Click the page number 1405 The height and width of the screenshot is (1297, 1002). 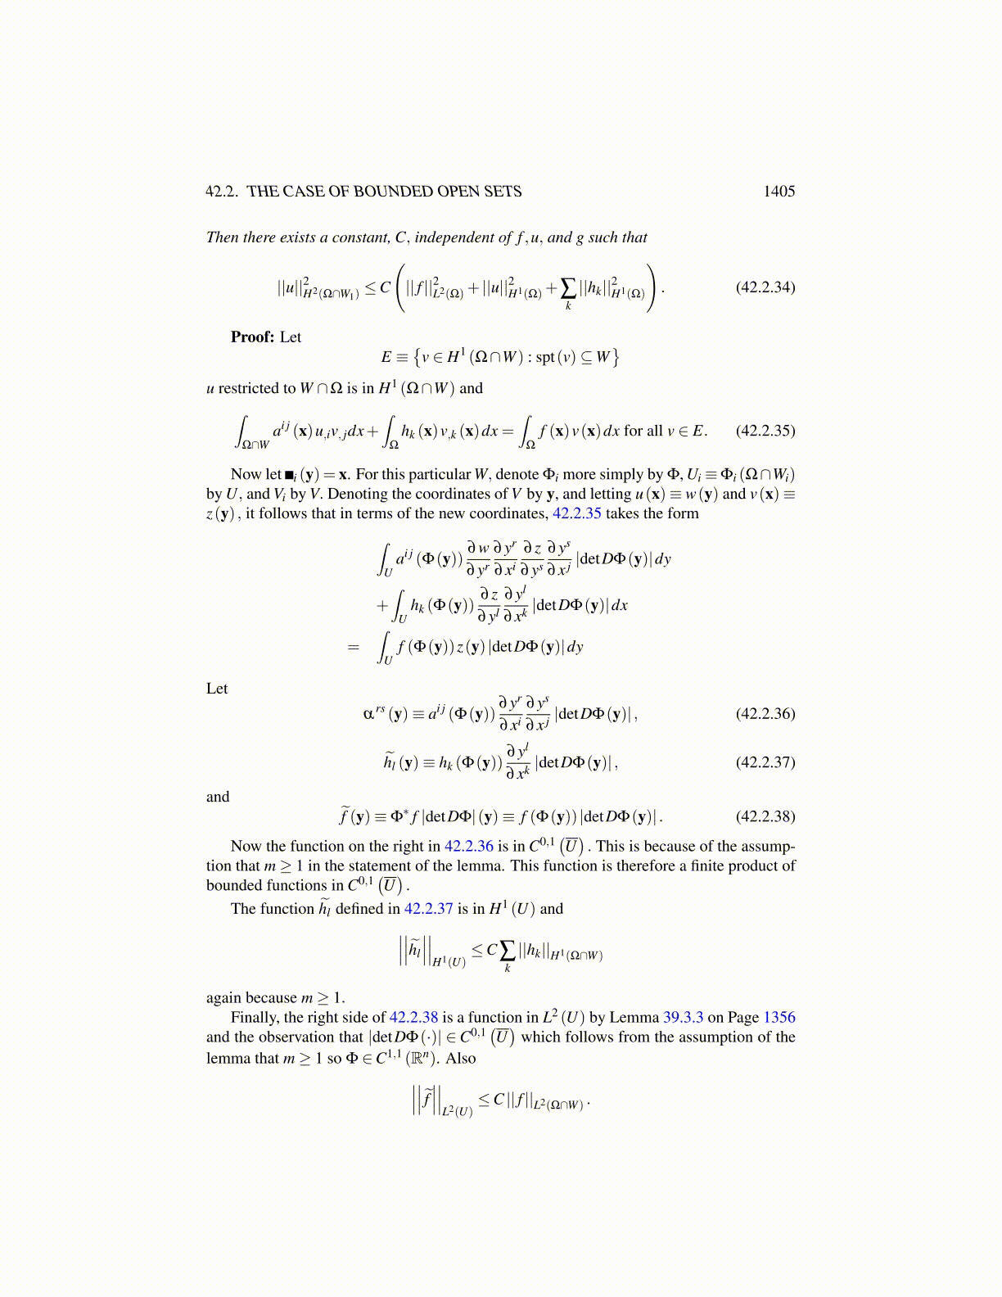click(x=779, y=192)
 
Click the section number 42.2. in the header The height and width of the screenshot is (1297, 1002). click(x=222, y=192)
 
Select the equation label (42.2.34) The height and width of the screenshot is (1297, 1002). click(x=765, y=287)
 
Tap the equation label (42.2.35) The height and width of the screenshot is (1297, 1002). click(x=765, y=431)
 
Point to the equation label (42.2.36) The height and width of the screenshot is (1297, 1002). click(x=765, y=713)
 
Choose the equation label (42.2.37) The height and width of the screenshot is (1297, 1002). click(x=765, y=761)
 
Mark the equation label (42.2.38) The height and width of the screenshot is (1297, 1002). click(x=765, y=816)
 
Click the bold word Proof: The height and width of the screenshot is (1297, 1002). click(x=252, y=337)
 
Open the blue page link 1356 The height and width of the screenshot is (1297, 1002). click(x=779, y=1018)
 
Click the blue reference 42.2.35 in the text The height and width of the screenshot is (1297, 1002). click(x=576, y=513)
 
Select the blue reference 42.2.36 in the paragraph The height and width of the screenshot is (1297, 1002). click(x=468, y=847)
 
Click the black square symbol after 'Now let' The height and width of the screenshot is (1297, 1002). click(x=290, y=475)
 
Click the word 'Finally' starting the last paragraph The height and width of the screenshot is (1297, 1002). click(x=255, y=1018)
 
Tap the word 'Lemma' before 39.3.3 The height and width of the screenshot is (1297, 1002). click(x=634, y=1018)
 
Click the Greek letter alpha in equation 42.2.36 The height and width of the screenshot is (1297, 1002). click(x=368, y=713)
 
